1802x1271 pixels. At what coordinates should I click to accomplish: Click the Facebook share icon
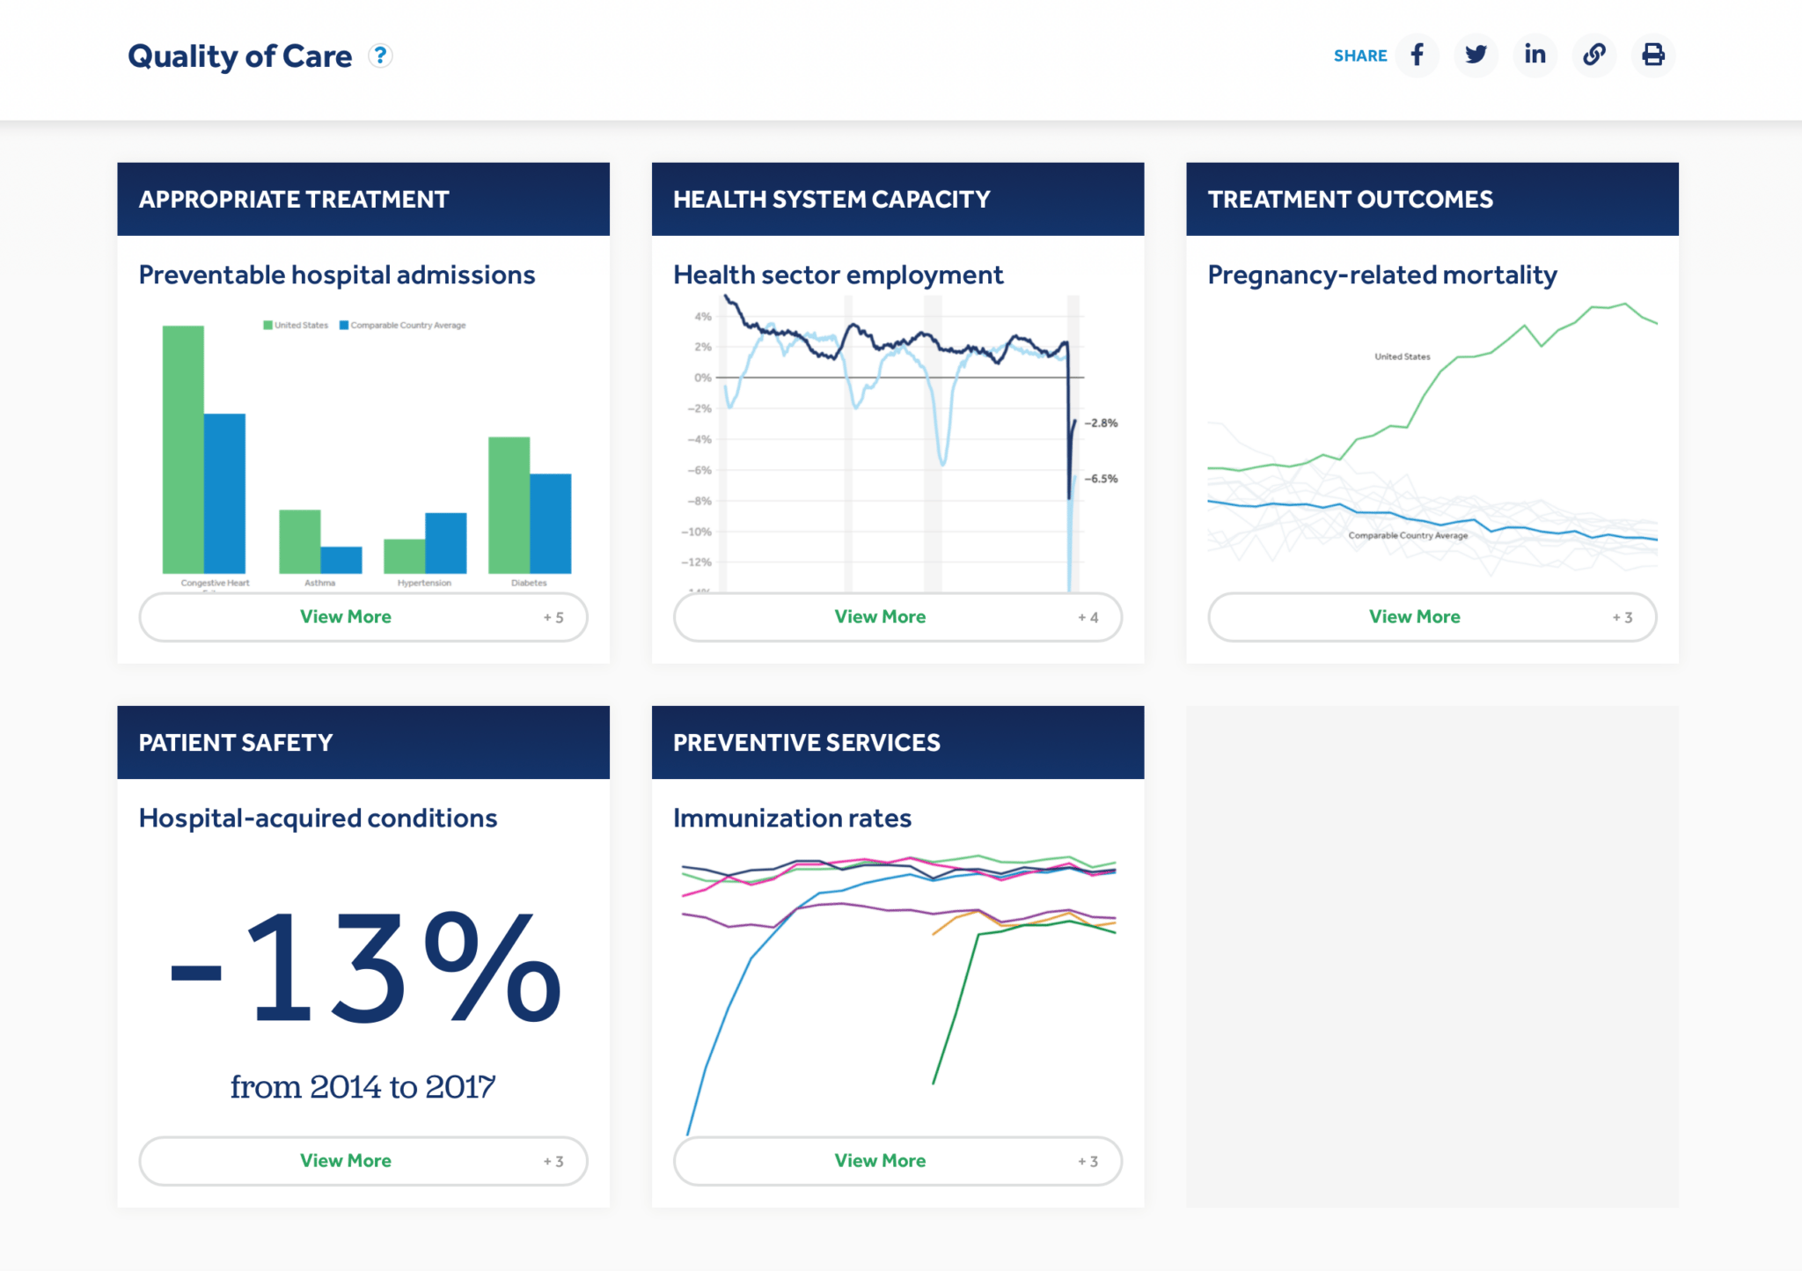click(x=1417, y=55)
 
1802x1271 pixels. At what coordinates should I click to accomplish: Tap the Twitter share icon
click(x=1476, y=55)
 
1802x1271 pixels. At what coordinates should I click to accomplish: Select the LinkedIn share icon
click(x=1535, y=55)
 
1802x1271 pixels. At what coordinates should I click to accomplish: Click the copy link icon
click(x=1593, y=55)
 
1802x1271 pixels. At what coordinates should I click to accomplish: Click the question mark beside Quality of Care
click(x=380, y=55)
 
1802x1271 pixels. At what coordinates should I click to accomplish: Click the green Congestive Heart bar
click(x=183, y=449)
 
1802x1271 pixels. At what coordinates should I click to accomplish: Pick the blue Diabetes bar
click(x=551, y=524)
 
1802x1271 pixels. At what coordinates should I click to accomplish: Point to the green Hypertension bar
click(x=404, y=556)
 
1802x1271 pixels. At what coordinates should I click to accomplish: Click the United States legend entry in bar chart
click(x=296, y=326)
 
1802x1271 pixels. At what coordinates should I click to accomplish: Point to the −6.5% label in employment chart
click(x=1102, y=479)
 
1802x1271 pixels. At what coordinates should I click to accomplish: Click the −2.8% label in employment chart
click(x=1102, y=423)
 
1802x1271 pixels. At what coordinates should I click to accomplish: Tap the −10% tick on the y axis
click(x=696, y=532)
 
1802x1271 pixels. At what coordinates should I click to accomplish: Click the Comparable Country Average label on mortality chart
click(x=1408, y=535)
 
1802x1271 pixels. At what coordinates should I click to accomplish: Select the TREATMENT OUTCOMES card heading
click(x=1350, y=200)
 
